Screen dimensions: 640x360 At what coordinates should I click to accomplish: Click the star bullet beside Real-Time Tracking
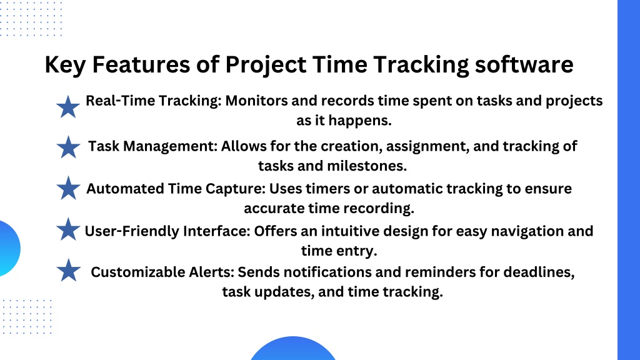67,107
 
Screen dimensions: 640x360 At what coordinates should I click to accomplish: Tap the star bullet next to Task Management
68,147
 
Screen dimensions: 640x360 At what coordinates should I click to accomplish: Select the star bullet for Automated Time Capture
68,187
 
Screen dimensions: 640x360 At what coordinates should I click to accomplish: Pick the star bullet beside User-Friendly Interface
68,229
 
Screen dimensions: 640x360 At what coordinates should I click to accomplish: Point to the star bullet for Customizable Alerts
68,270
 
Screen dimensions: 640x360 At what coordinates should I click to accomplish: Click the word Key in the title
65,65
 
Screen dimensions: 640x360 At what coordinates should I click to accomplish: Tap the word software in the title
524,64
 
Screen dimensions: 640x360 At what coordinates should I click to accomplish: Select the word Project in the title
266,65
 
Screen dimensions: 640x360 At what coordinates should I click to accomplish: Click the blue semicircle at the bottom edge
292,349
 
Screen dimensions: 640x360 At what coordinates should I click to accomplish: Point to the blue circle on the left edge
8,249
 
